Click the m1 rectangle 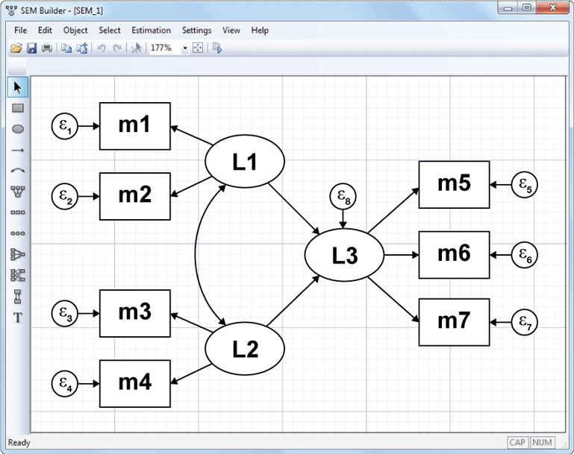tap(134, 125)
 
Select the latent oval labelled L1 tap(245, 162)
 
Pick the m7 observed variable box tap(454, 321)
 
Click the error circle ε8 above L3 tap(343, 198)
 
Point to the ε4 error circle tap(64, 384)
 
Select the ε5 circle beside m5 tap(525, 183)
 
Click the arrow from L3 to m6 tap(401, 255)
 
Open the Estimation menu tap(151, 31)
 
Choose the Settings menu tap(196, 31)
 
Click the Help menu tap(260, 31)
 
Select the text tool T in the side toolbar tap(18, 318)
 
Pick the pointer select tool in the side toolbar tap(18, 87)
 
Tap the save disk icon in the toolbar tap(31, 48)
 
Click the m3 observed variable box tap(134, 312)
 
